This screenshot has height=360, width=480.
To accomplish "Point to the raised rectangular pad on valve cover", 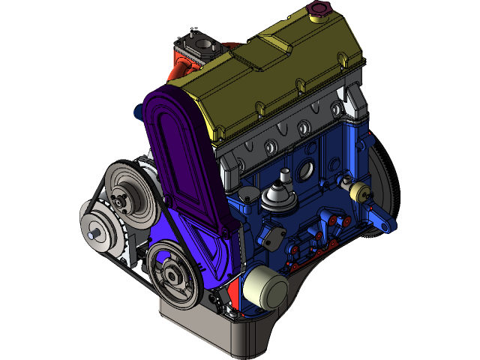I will [259, 49].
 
